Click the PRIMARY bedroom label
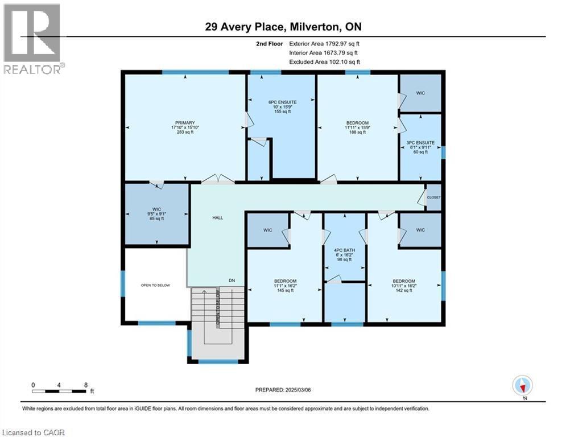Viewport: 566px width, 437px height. (x=185, y=123)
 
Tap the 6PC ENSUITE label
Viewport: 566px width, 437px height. (x=283, y=102)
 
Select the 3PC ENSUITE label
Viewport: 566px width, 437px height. (x=421, y=143)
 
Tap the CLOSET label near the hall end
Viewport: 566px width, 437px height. (x=433, y=197)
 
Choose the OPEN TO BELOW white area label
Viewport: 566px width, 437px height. (x=155, y=285)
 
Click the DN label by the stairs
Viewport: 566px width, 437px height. (x=232, y=281)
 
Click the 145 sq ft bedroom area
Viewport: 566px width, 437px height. (x=285, y=291)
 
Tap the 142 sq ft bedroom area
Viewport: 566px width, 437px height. (x=403, y=291)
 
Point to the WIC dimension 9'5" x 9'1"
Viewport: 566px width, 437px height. (x=157, y=214)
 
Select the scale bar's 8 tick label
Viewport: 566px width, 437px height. (x=85, y=385)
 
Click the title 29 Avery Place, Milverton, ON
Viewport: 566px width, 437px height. (x=283, y=27)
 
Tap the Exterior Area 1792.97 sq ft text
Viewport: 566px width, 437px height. (x=325, y=43)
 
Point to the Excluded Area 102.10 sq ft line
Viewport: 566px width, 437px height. (x=325, y=62)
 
